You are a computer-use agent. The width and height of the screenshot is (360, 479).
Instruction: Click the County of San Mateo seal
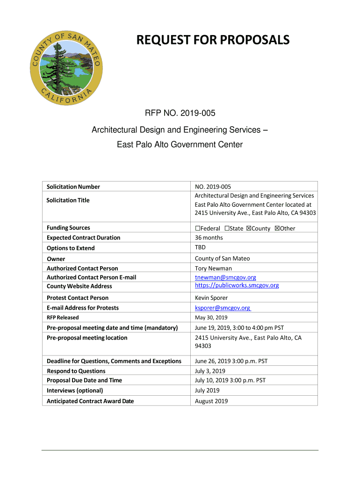pyautogui.click(x=66, y=65)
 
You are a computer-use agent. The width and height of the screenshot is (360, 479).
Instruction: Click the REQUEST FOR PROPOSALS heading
pyautogui.click(x=213, y=40)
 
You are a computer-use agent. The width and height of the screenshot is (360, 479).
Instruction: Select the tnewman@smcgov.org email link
pyautogui.click(x=225, y=277)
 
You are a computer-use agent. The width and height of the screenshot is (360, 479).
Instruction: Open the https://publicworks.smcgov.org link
pyautogui.click(x=237, y=285)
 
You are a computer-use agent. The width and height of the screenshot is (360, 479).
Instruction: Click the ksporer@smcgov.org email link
pyautogui.click(x=223, y=308)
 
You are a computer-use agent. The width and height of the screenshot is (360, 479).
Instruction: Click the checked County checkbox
pyautogui.click(x=249, y=228)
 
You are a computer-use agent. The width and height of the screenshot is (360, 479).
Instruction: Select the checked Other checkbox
pyautogui.click(x=277, y=228)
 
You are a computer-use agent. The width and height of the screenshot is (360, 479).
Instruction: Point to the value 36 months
pyautogui.click(x=209, y=238)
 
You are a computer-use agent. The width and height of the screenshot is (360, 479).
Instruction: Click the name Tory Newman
pyautogui.click(x=213, y=269)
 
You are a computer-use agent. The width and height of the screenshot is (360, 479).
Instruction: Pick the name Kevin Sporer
pyautogui.click(x=211, y=298)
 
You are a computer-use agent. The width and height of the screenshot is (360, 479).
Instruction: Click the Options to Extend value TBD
pyautogui.click(x=200, y=247)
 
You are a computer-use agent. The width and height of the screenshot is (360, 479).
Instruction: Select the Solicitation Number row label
pyautogui.click(x=73, y=187)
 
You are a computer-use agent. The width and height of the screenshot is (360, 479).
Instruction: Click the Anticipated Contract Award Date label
pyautogui.click(x=90, y=401)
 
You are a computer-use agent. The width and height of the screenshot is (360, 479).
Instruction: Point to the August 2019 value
pyautogui.click(x=211, y=401)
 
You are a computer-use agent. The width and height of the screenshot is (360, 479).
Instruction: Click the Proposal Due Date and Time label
pyautogui.click(x=84, y=380)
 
